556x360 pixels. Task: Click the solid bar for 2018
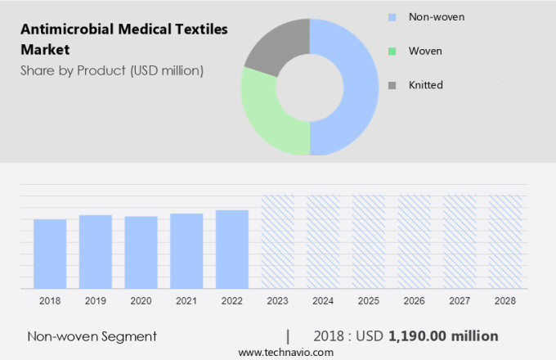click(x=50, y=254)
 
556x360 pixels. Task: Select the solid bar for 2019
click(x=96, y=252)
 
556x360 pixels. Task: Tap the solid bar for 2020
click(x=141, y=253)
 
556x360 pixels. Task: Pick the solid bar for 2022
click(x=232, y=250)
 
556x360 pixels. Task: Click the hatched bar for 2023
click(x=277, y=242)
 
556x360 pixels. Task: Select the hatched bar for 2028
click(x=505, y=242)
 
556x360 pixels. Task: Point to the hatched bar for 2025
click(x=369, y=242)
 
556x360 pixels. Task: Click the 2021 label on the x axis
click(x=186, y=301)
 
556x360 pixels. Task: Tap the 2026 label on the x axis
click(x=414, y=301)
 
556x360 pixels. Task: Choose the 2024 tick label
click(x=323, y=301)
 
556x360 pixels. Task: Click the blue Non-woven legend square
click(x=392, y=16)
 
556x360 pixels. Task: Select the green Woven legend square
click(x=392, y=51)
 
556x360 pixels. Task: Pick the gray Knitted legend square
click(x=392, y=85)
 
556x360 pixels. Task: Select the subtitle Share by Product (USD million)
click(x=112, y=70)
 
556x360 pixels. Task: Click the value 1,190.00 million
click(x=443, y=336)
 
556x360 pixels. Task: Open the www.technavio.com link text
click(x=286, y=352)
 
